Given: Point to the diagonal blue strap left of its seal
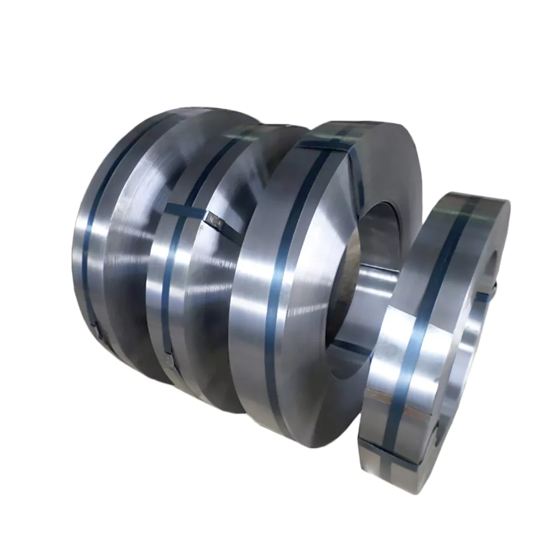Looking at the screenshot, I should point(185,212).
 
